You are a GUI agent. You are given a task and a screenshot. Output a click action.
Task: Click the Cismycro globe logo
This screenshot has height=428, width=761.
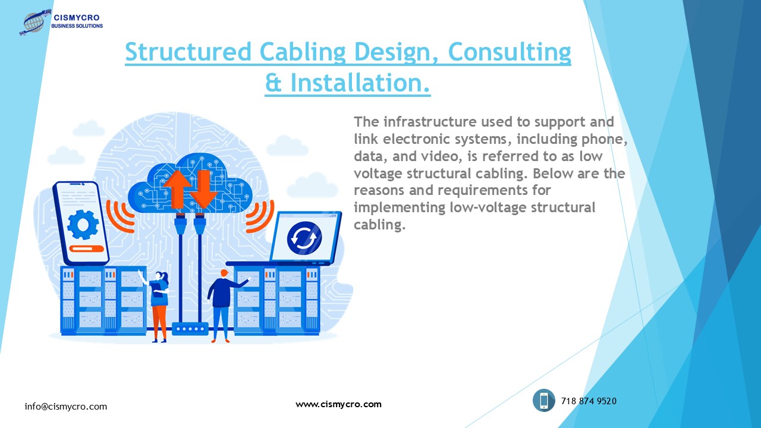pyautogui.click(x=35, y=23)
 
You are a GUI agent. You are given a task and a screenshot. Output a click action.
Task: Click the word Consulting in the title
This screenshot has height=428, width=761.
pyautogui.click(x=509, y=52)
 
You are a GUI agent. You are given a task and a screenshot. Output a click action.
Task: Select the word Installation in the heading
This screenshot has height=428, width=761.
pyautogui.click(x=360, y=83)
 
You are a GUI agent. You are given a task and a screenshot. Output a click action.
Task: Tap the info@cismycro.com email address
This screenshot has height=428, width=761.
pyautogui.click(x=66, y=407)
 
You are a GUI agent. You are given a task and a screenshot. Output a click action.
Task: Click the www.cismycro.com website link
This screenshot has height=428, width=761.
pyautogui.click(x=338, y=404)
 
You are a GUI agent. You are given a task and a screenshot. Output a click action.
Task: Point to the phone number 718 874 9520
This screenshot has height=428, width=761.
pyautogui.click(x=589, y=401)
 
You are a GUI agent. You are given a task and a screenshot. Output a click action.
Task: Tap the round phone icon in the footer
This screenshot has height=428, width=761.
pyautogui.click(x=543, y=400)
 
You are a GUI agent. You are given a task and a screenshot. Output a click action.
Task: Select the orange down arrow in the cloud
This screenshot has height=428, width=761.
pyautogui.click(x=204, y=187)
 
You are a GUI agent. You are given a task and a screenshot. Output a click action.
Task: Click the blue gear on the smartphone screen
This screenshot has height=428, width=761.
pyautogui.click(x=82, y=224)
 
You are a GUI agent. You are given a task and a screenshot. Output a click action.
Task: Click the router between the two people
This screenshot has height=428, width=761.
pyautogui.click(x=190, y=328)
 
